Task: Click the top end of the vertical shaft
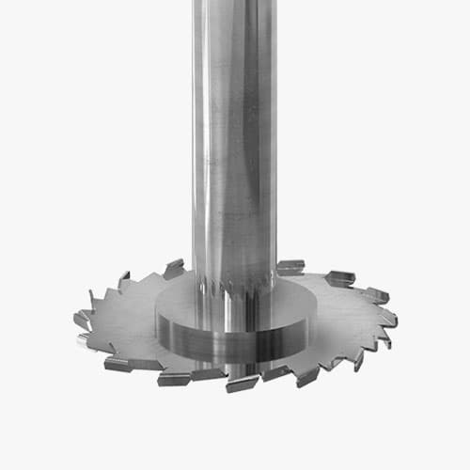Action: coord(234,4)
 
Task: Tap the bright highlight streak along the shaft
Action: coord(210,141)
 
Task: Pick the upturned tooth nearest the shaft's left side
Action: coord(174,269)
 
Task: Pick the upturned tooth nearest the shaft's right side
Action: coord(290,267)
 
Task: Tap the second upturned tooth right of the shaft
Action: coord(339,278)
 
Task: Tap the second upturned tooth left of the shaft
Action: coord(124,280)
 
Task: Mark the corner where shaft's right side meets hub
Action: coord(275,282)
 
